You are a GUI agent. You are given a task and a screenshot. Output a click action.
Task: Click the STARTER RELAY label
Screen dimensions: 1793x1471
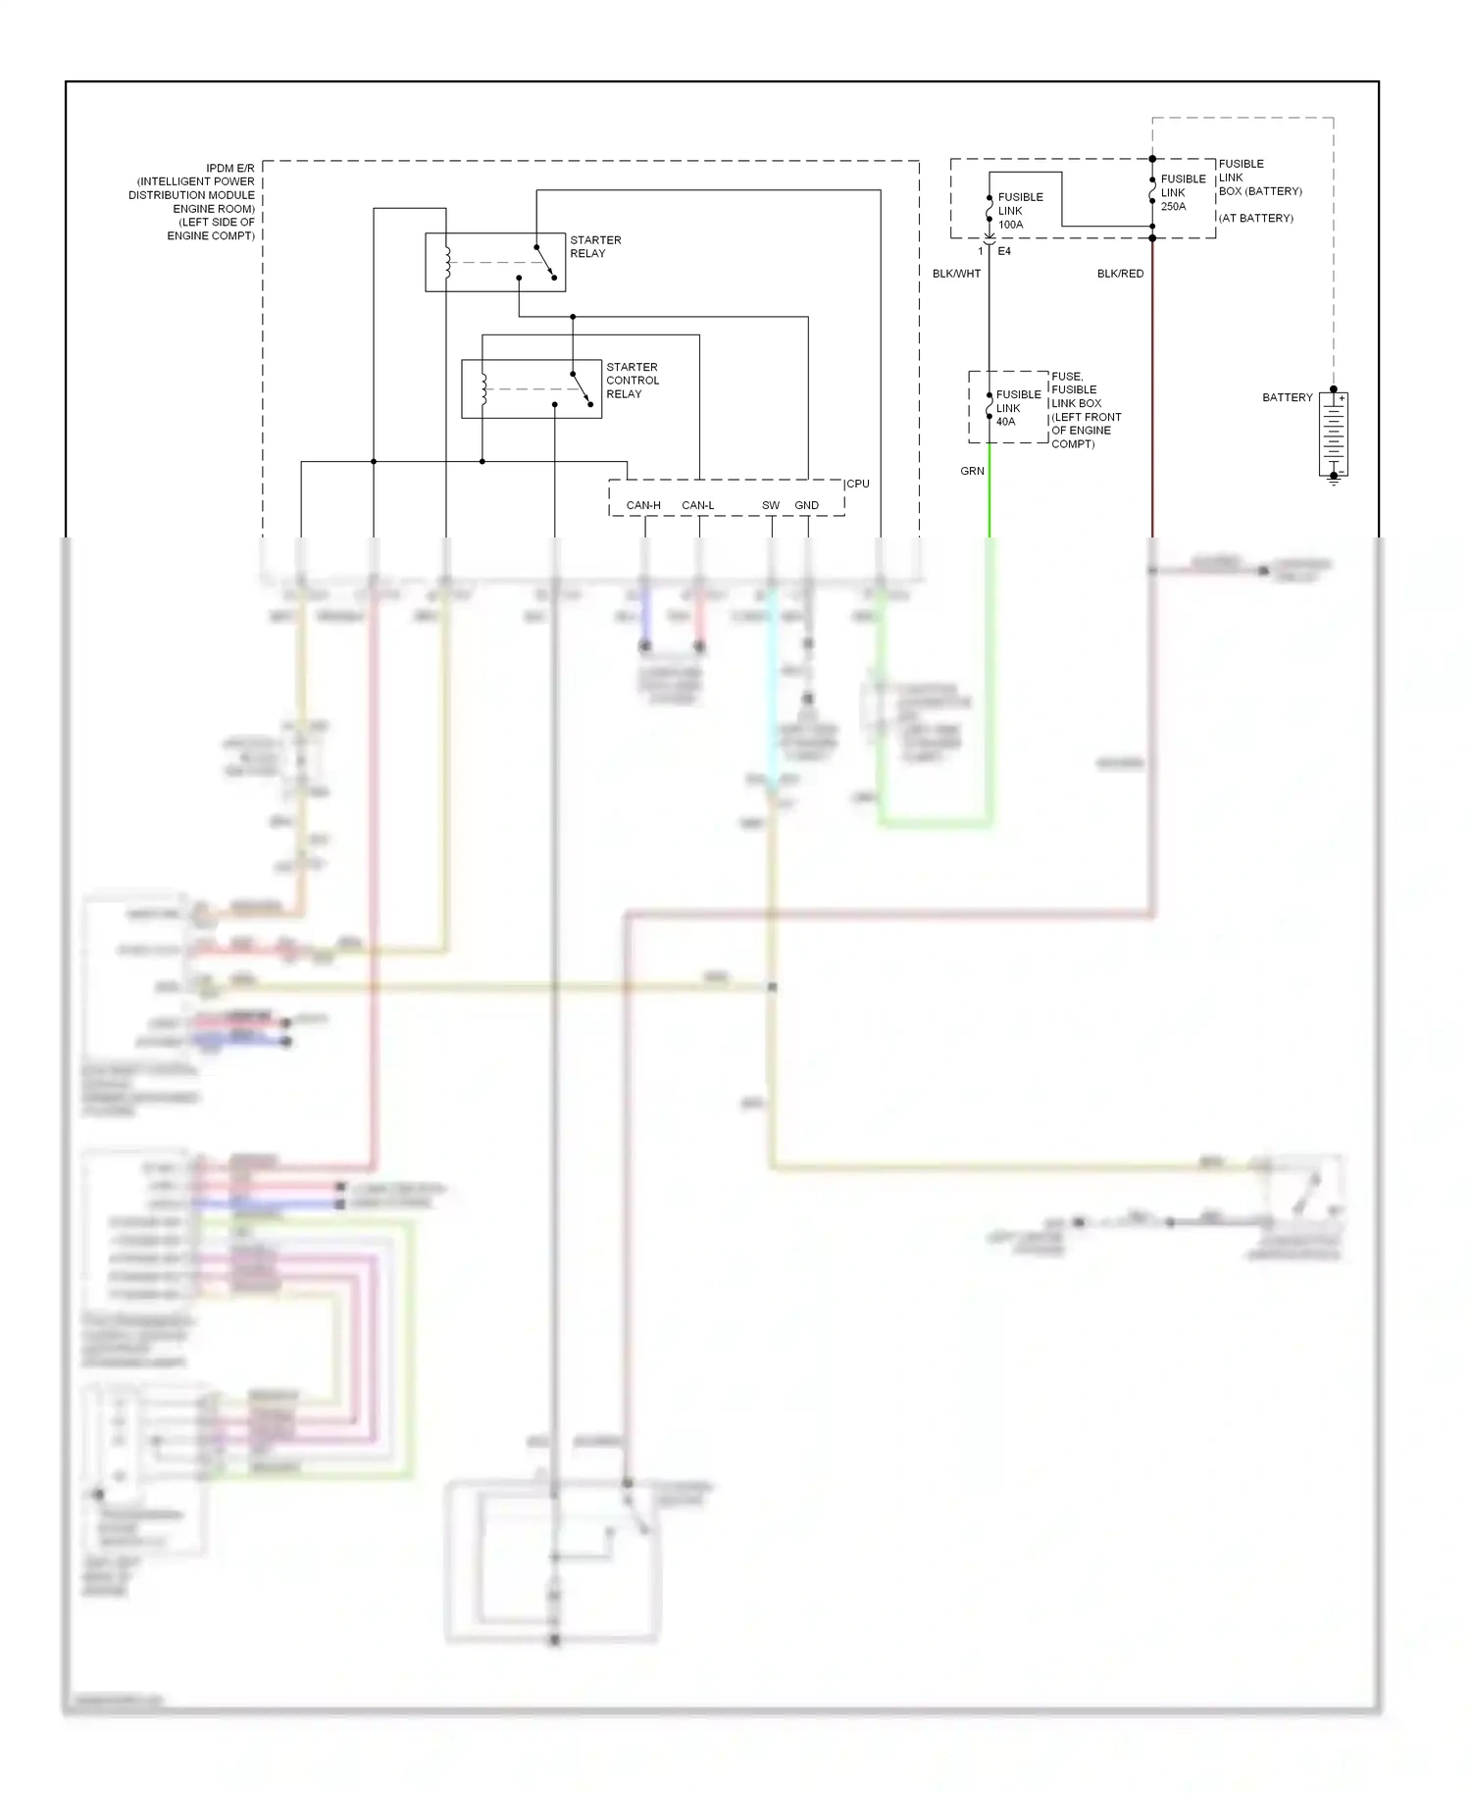pos(595,246)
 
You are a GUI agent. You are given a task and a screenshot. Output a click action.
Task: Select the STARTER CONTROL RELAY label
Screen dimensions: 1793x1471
pos(632,381)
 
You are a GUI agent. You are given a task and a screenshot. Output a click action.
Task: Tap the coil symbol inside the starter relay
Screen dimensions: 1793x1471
pos(447,262)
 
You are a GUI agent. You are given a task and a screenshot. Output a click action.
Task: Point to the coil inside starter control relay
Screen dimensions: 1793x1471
pos(483,389)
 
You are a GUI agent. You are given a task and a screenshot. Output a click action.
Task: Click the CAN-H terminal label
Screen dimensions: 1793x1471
pos(643,505)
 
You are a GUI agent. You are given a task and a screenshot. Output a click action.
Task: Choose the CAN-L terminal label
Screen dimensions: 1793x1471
pos(697,505)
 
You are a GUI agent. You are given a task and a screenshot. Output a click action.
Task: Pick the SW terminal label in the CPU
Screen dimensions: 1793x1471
pos(771,505)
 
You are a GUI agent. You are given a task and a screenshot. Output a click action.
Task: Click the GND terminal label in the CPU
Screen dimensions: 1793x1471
pos(806,505)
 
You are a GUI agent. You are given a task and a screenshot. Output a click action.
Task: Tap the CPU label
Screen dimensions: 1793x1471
pos(858,484)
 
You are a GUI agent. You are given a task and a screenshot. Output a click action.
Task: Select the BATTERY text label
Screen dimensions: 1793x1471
pos(1287,397)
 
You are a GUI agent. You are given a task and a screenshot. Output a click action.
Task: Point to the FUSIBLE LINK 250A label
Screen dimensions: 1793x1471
pos(1183,192)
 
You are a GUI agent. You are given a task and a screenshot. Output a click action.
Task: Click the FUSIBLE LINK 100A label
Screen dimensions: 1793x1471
pos(1020,211)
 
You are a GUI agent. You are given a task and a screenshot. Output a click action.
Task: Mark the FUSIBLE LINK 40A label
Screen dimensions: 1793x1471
pos(1018,408)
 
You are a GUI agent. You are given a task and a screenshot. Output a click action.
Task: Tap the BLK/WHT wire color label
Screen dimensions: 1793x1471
pos(956,274)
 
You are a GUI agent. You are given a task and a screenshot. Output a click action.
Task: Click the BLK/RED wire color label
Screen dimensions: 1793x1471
pos(1120,274)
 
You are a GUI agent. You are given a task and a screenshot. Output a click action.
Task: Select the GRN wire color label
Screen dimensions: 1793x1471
pos(972,471)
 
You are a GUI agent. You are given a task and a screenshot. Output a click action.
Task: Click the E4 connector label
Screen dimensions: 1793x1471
pos(1004,251)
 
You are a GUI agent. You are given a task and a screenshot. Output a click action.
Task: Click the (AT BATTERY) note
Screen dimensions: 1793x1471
pos(1256,218)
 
